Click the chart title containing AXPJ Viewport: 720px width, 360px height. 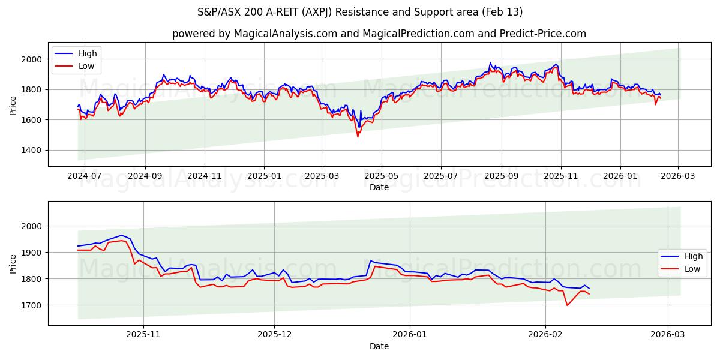point(360,12)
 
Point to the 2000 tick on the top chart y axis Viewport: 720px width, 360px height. point(32,59)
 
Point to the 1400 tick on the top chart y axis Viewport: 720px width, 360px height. point(32,150)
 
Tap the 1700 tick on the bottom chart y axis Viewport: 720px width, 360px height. point(32,305)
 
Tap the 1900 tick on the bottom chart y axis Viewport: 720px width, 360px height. point(32,253)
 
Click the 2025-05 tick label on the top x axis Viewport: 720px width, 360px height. point(381,176)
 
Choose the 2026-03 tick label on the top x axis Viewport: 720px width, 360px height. point(678,176)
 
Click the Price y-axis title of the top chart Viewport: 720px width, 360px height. point(13,104)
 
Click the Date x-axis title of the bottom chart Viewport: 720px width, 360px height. point(379,346)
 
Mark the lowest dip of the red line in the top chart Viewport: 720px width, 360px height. point(358,136)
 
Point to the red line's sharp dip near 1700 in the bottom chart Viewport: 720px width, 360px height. point(567,305)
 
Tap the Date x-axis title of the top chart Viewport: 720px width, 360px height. point(379,187)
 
